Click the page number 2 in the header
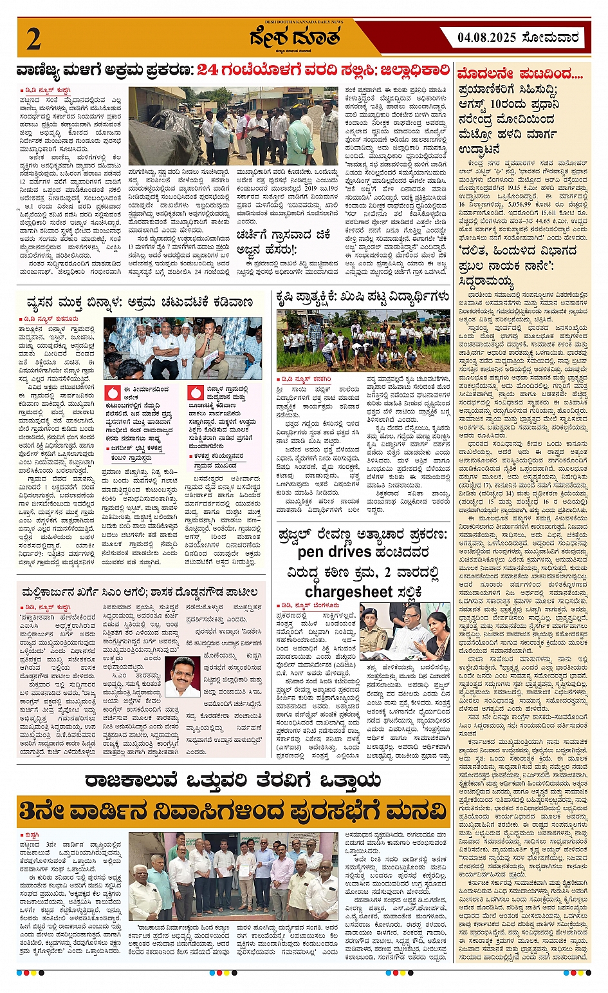pos(34,39)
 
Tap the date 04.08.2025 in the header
pos(487,37)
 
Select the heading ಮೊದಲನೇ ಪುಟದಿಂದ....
pos(520,74)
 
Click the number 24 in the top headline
pos(210,70)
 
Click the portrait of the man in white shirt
pos(182,676)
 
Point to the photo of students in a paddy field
pos(364,341)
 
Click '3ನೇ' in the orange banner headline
pos(40,810)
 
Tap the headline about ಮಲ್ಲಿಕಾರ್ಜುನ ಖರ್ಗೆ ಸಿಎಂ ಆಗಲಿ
pos(140,592)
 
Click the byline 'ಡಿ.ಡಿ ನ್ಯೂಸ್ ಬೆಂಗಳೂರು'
pos(307,605)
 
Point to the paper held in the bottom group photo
pos(245,869)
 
